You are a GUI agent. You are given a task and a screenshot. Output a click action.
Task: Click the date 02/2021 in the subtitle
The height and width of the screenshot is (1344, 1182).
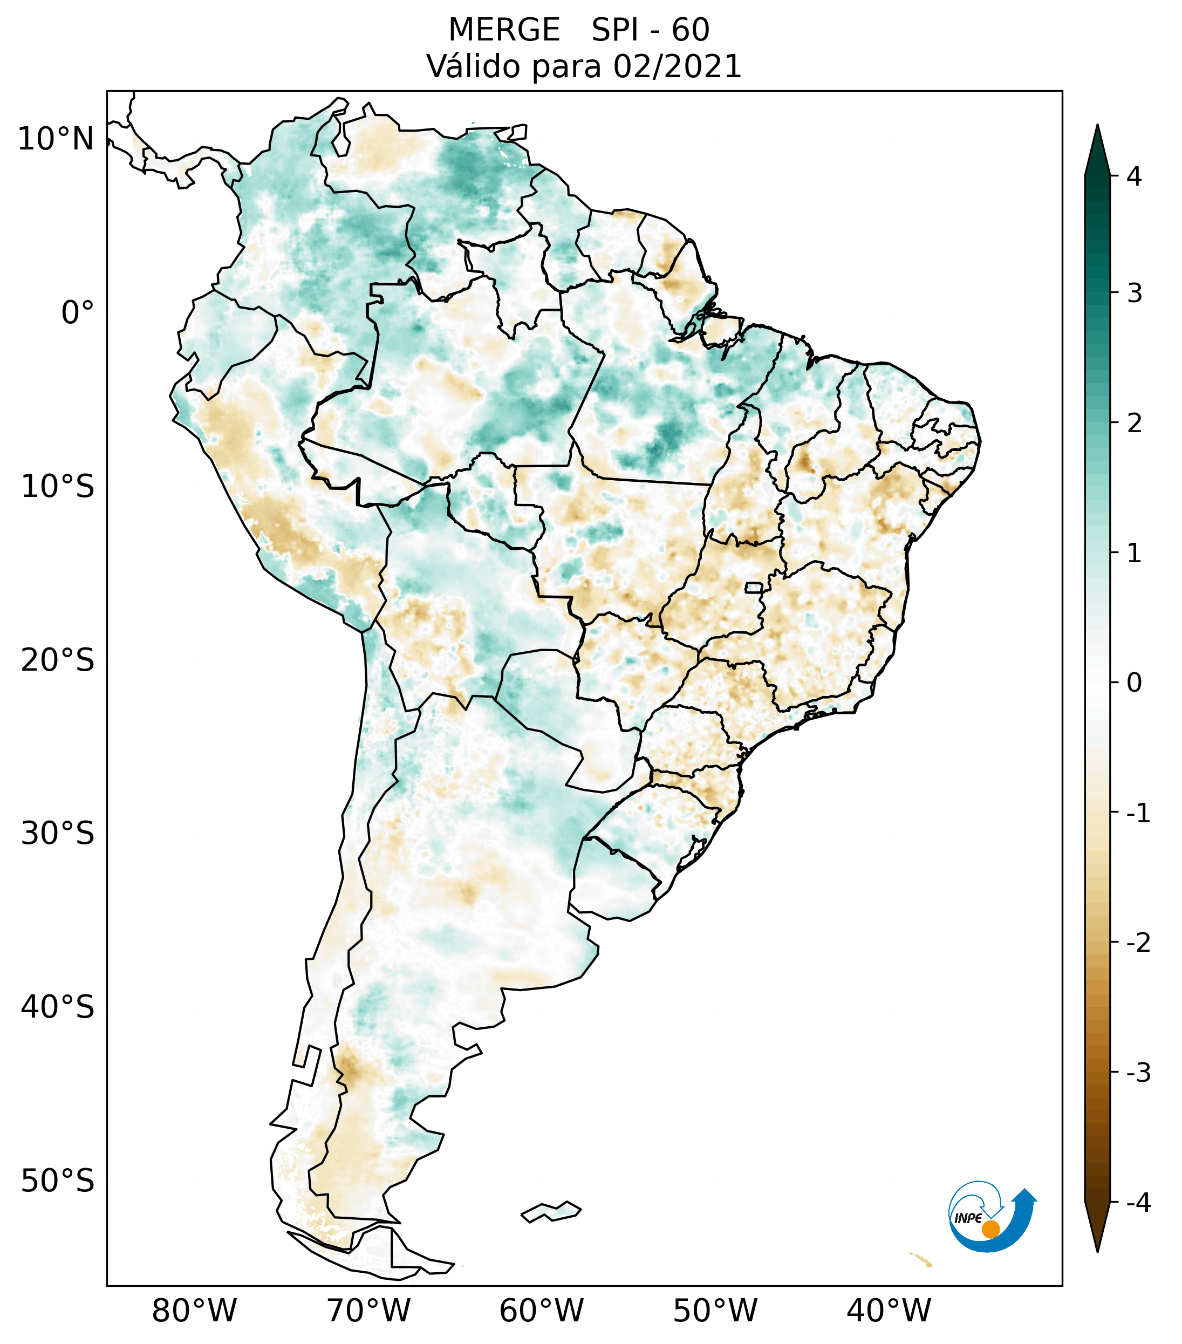click(x=677, y=66)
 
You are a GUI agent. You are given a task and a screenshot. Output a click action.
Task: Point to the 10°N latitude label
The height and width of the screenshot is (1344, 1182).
click(x=55, y=139)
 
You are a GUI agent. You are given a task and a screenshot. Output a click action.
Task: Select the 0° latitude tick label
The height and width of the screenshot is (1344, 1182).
click(x=78, y=313)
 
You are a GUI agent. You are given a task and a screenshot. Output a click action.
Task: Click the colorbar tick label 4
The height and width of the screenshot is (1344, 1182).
click(x=1134, y=176)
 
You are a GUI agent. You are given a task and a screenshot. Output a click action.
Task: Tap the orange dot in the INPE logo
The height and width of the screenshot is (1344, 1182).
click(x=990, y=1229)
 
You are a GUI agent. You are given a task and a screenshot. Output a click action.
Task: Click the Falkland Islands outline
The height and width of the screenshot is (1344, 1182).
click(x=551, y=1211)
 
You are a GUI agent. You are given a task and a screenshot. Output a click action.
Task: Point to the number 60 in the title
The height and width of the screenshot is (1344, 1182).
click(x=691, y=30)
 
